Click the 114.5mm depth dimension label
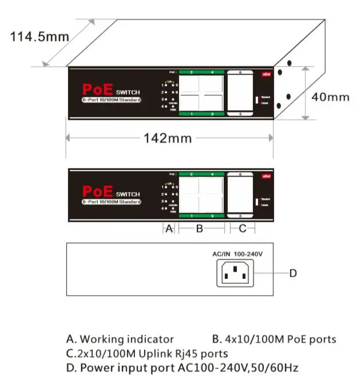click(39, 37)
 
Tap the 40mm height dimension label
click(330, 97)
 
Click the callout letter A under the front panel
click(169, 229)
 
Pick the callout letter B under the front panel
click(200, 229)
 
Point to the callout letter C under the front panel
click(242, 229)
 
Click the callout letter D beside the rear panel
click(292, 274)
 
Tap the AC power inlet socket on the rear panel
click(234, 274)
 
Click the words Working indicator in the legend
click(126, 340)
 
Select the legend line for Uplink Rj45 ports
click(147, 353)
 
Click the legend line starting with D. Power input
click(182, 367)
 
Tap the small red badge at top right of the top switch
click(266, 74)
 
